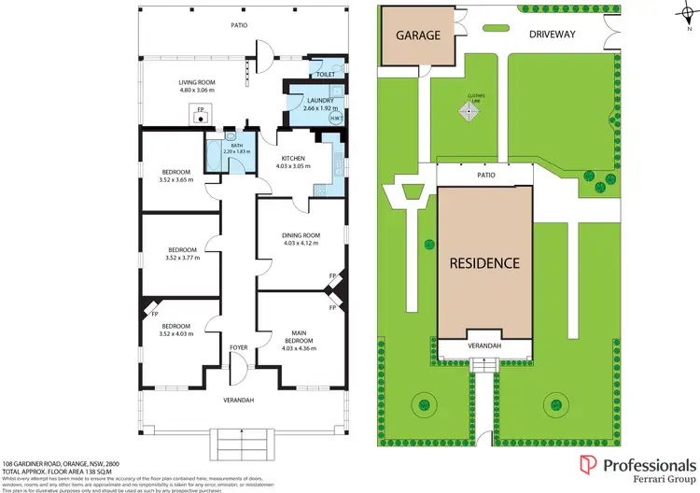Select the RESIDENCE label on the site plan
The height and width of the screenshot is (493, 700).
click(x=484, y=262)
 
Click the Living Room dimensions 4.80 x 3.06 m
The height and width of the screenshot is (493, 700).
click(x=197, y=92)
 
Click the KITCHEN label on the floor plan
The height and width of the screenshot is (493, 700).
click(x=293, y=159)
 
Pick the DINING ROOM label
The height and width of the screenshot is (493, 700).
click(x=301, y=234)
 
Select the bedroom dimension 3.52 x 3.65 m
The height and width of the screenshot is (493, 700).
click(x=176, y=180)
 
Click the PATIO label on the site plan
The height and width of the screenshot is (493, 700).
click(x=484, y=175)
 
